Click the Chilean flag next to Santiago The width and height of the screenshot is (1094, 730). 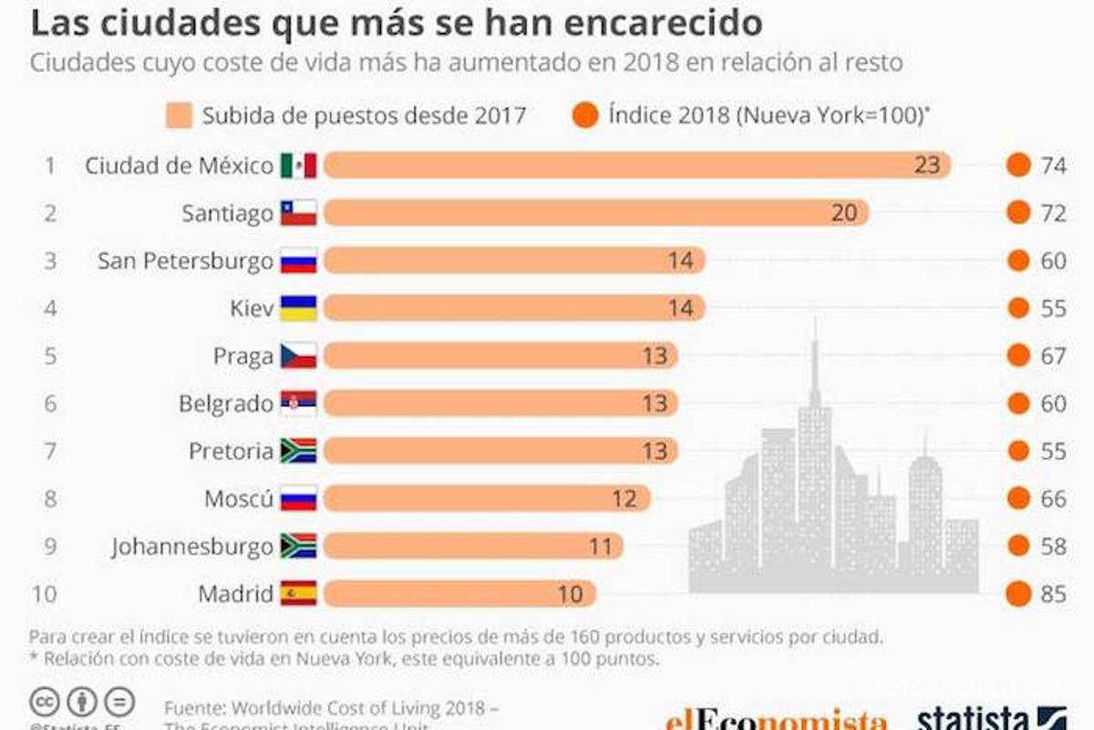[x=298, y=213]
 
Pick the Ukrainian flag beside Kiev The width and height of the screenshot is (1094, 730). [x=298, y=308]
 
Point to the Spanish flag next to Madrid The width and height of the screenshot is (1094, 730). [x=298, y=594]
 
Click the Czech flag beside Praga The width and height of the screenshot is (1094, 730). [x=298, y=356]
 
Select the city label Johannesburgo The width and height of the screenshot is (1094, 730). [x=192, y=547]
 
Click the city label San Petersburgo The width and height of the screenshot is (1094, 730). [x=185, y=261]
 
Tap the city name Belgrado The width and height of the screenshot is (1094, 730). [x=226, y=403]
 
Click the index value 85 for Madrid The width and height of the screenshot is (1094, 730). [x=1053, y=594]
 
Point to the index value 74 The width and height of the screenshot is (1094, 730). [x=1053, y=165]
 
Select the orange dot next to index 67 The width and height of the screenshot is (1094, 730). [x=1018, y=356]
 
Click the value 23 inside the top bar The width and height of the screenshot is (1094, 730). [x=926, y=165]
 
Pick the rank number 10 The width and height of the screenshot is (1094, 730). [x=44, y=594]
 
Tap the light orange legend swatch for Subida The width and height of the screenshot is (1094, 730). [x=178, y=116]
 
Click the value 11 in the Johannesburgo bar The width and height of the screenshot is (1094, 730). [x=599, y=547]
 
